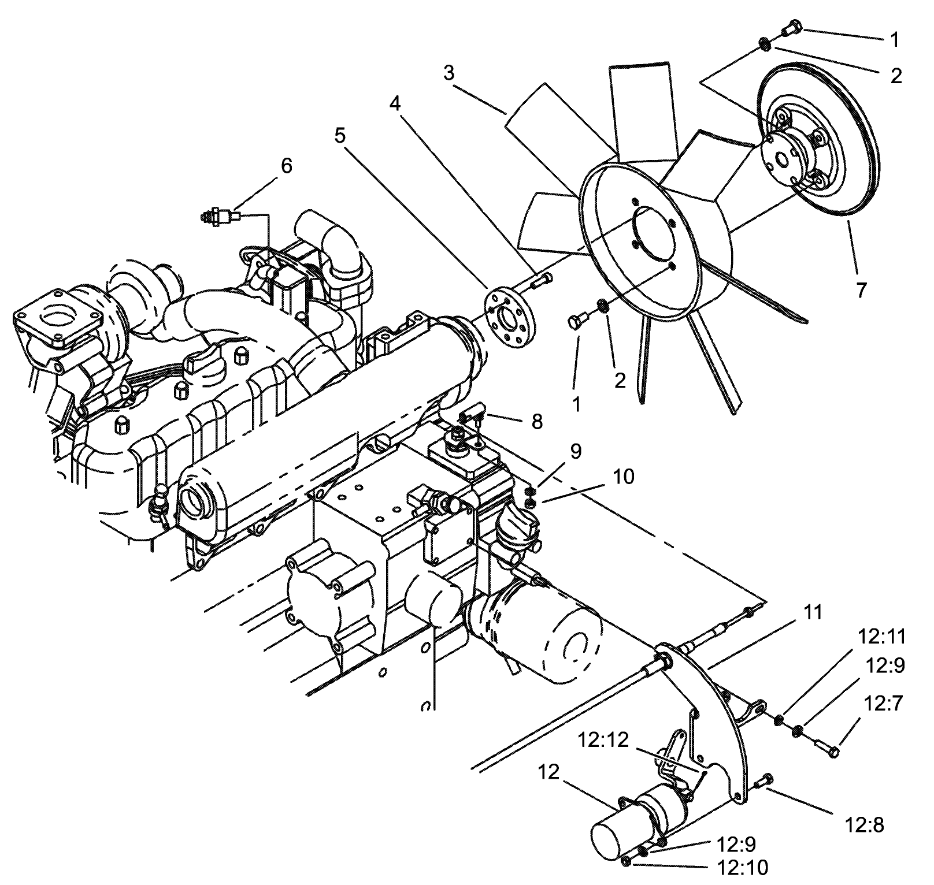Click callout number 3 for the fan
[x=449, y=74]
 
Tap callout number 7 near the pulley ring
[x=861, y=290]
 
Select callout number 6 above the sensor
[x=287, y=165]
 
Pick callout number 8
[x=537, y=422]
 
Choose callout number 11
[x=813, y=612]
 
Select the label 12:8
[x=865, y=825]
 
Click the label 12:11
[x=882, y=637]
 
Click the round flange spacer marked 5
[x=508, y=319]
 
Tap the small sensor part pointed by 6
[x=220, y=217]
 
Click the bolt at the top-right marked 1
[x=791, y=27]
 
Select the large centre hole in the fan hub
[x=654, y=232]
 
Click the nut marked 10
[x=531, y=503]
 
